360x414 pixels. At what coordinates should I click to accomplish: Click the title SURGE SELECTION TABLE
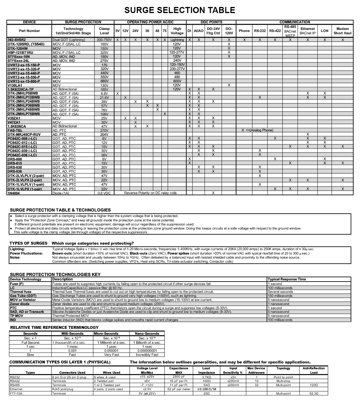(x=179, y=10)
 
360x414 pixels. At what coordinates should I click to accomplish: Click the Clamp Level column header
(x=104, y=31)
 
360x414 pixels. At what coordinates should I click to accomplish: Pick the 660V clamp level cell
(x=104, y=81)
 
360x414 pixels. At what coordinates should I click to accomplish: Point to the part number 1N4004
(x=14, y=193)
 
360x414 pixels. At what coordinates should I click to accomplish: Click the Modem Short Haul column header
(x=342, y=31)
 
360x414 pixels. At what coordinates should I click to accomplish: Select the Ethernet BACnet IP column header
(x=307, y=31)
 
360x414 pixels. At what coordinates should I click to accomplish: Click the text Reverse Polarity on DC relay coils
(x=150, y=193)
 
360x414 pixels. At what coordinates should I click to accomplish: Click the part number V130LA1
(x=15, y=85)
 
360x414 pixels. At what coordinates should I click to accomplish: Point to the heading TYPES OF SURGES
(x=28, y=243)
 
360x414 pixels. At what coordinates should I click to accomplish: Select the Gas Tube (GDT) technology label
(x=23, y=296)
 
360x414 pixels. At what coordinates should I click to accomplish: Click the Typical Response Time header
(x=287, y=279)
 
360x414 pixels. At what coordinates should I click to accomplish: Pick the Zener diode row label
(x=20, y=304)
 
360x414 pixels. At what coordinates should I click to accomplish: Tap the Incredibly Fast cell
(x=147, y=355)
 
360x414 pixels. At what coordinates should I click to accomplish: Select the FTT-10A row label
(x=16, y=393)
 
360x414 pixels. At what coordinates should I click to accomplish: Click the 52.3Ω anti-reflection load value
(x=313, y=393)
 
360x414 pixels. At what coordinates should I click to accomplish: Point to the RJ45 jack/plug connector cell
(x=63, y=389)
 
